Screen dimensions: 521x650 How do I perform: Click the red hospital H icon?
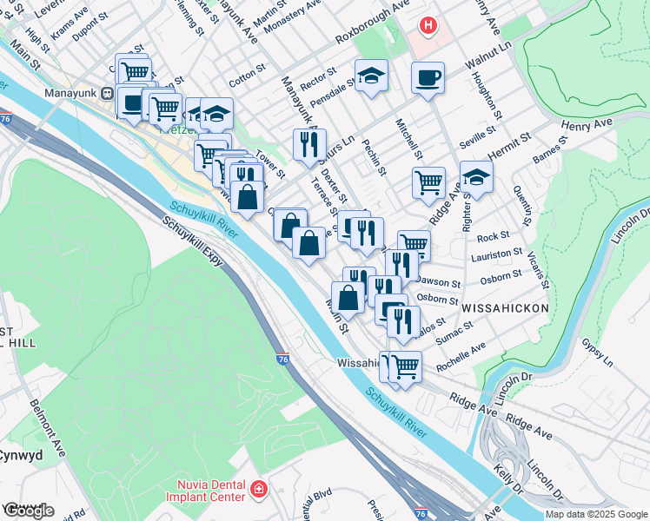(x=428, y=25)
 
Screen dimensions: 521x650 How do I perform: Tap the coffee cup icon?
(x=428, y=78)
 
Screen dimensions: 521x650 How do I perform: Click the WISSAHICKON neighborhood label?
(x=506, y=308)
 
